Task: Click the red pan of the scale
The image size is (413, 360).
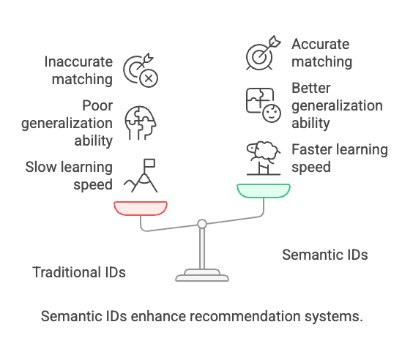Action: point(141,208)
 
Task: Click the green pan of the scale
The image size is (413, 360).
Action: point(264,191)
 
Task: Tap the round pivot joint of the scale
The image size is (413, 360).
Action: point(202,224)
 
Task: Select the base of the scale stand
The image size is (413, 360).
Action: point(202,275)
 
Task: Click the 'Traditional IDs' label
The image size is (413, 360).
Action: point(79,272)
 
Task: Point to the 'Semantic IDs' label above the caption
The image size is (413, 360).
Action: point(325,255)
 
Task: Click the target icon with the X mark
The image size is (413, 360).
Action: point(141,70)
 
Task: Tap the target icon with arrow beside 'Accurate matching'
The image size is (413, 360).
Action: point(264,53)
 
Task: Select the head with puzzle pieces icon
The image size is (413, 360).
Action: point(141,123)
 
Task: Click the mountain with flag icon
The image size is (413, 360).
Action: point(141,176)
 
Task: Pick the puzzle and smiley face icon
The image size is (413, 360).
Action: point(264,105)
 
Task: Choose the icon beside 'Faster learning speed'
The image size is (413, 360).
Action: point(264,158)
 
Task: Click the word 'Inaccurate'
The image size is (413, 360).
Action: point(78,62)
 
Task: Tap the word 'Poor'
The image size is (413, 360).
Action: point(97,105)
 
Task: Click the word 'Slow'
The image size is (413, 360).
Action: point(41,167)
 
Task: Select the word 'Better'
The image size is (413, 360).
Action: point(310,88)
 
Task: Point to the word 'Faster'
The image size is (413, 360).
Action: point(309,149)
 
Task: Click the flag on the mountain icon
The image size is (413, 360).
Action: point(149,163)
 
